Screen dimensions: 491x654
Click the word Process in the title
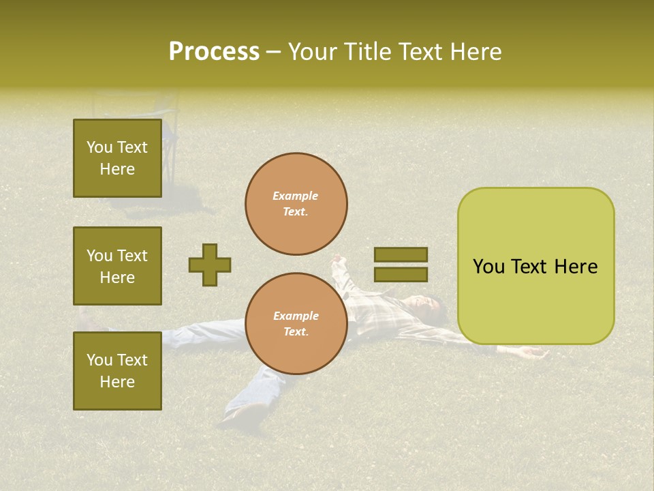point(214,52)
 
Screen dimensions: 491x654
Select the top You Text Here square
point(117,158)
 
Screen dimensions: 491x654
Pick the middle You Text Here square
point(117,266)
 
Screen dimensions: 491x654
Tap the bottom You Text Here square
point(117,370)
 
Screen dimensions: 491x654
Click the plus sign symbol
point(210,265)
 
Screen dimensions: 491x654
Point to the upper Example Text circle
point(296,204)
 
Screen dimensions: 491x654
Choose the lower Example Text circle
point(296,324)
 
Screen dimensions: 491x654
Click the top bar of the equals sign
point(401,254)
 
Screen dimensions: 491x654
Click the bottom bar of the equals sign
point(401,274)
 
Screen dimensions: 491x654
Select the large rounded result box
point(535,266)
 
